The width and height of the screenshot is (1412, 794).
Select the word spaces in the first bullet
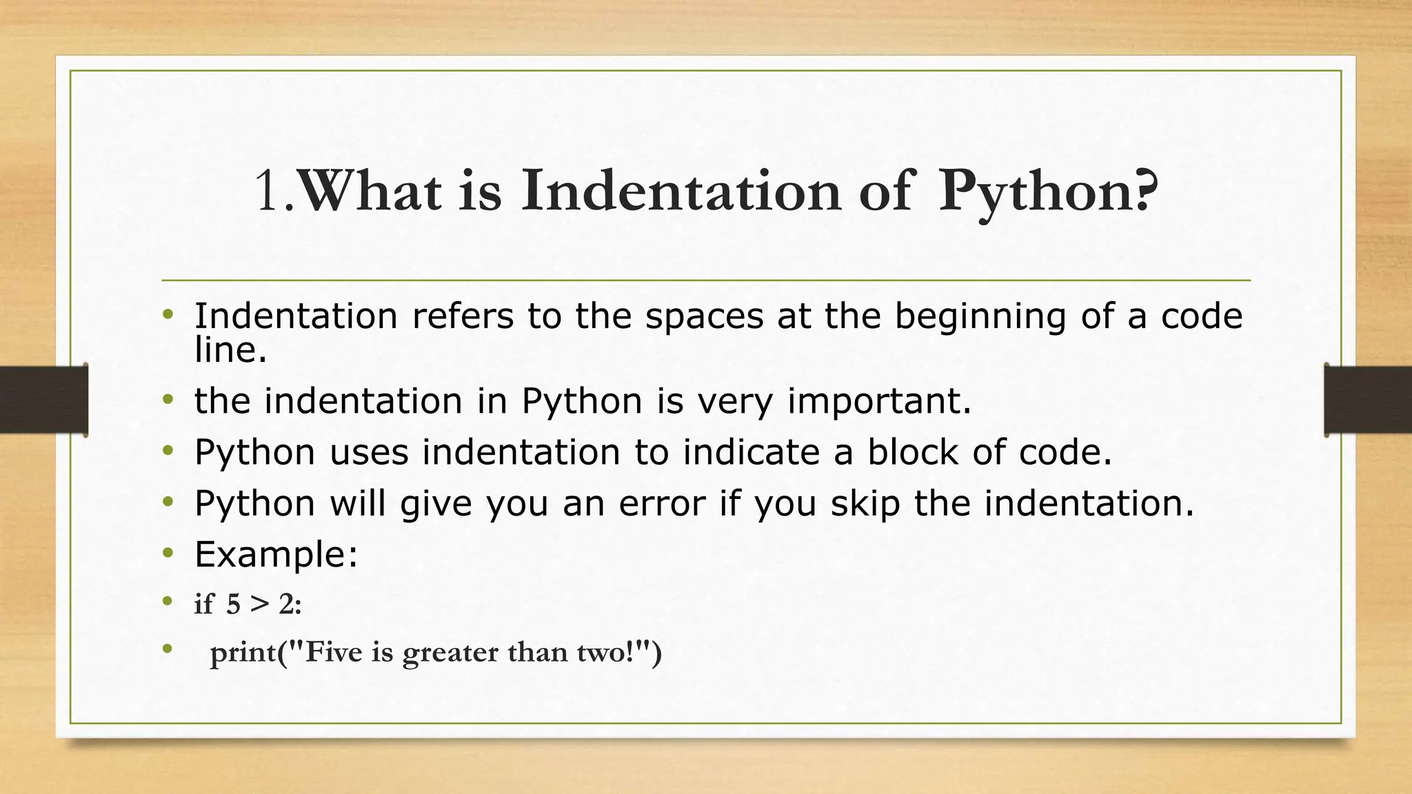click(704, 316)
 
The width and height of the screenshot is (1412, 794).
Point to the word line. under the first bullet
click(230, 350)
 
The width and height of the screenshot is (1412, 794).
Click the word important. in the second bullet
click(879, 401)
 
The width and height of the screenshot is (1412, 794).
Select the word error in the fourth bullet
click(662, 503)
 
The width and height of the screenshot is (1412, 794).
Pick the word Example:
click(276, 554)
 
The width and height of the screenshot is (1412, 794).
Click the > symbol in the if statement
click(259, 604)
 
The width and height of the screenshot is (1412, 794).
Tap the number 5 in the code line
click(233, 604)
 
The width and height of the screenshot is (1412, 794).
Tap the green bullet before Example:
click(168, 553)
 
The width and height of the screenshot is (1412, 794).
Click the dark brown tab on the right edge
click(1368, 400)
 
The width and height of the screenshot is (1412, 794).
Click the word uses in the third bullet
click(369, 453)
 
